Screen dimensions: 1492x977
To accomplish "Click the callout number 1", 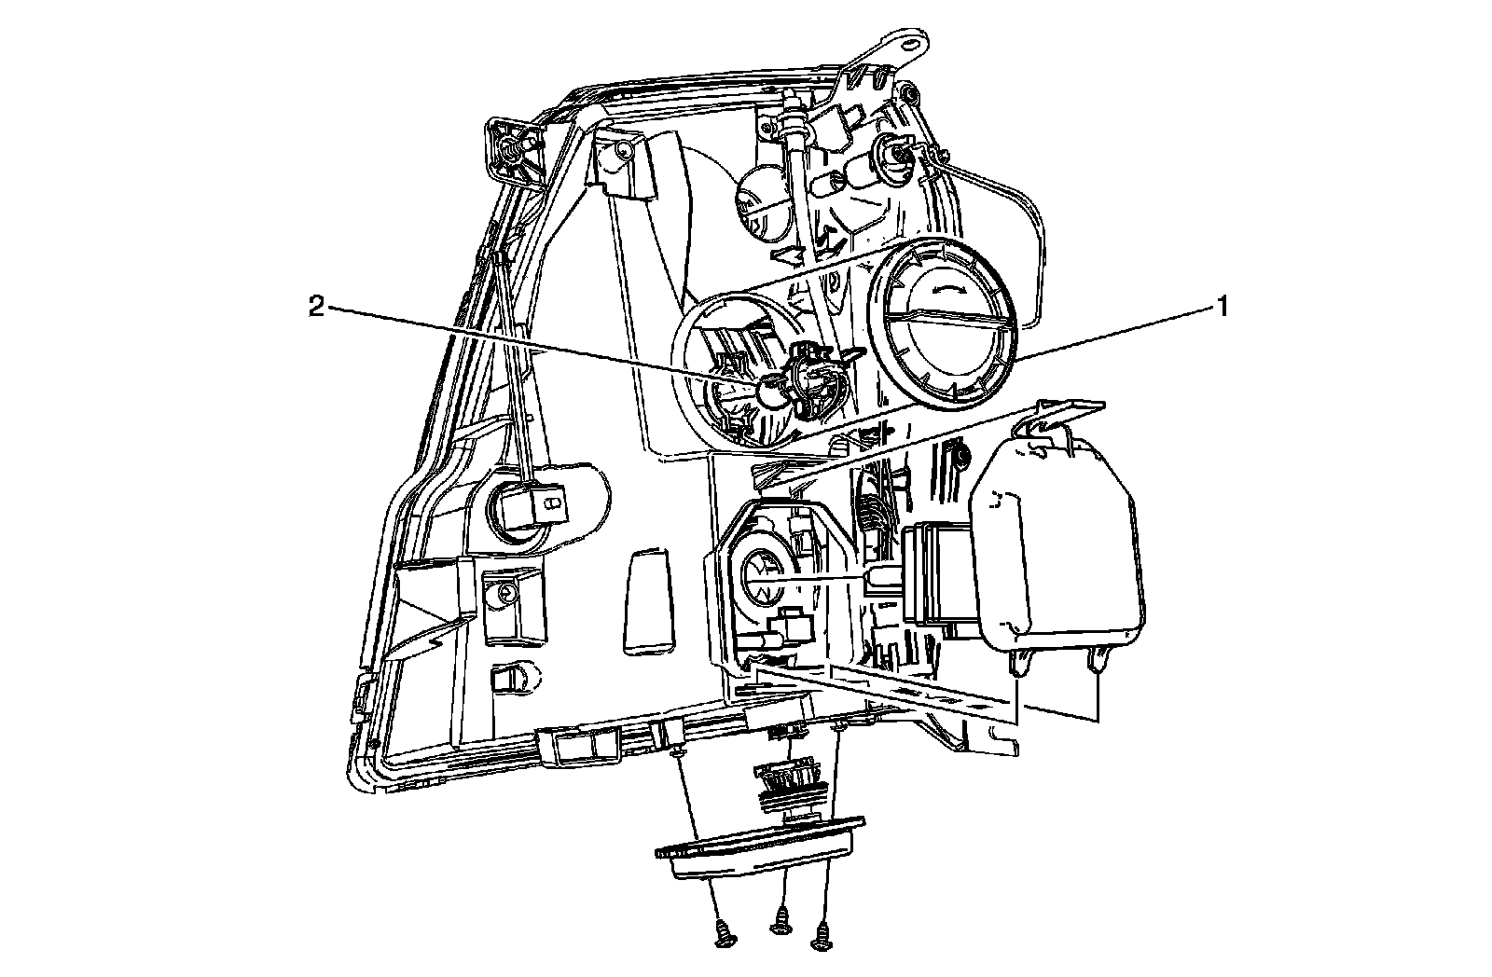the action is coord(1218,306).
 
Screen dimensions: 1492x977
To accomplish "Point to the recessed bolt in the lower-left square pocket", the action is coord(507,591).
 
